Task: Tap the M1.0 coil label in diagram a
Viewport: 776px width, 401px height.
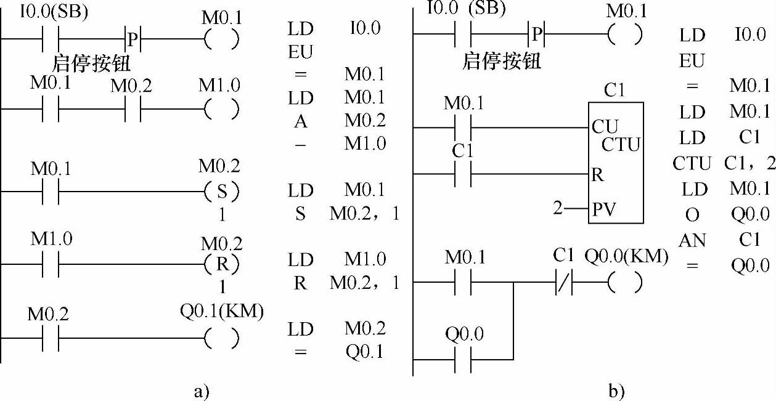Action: pyautogui.click(x=220, y=85)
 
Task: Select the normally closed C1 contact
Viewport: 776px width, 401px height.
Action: pyautogui.click(x=563, y=283)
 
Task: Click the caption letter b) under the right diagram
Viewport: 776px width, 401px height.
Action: pyautogui.click(x=616, y=391)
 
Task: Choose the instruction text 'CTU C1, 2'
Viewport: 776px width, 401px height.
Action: pyautogui.click(x=721, y=164)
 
